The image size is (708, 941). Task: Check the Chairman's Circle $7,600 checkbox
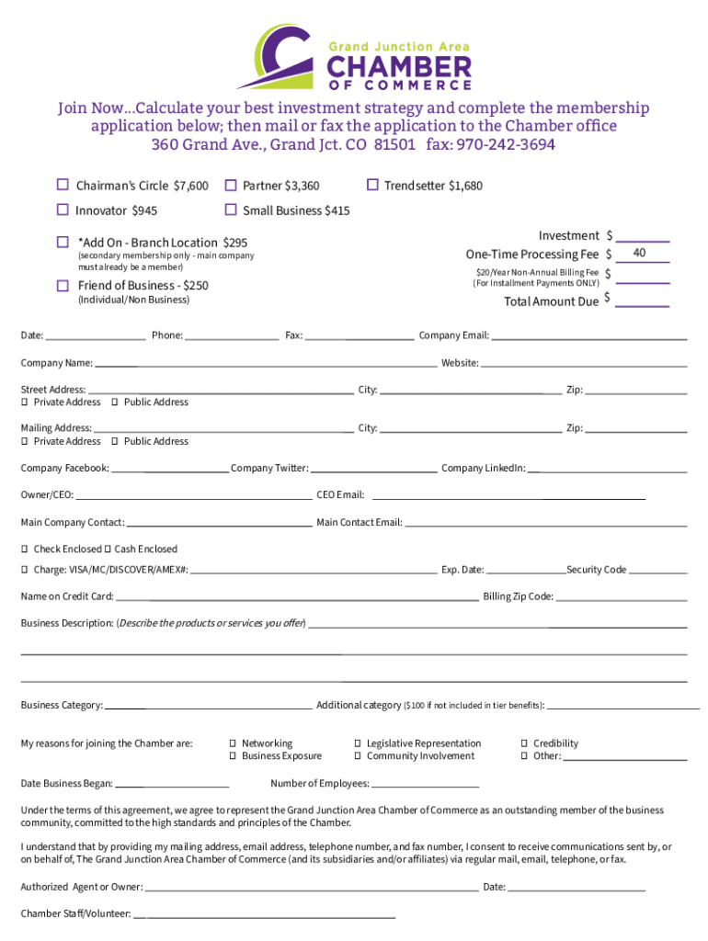pos(63,186)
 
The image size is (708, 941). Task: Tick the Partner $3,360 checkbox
pos(231,186)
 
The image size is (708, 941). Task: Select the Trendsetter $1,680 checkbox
pos(372,186)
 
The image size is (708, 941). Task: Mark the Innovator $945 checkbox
pos(63,210)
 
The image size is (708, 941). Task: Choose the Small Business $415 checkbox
pos(231,210)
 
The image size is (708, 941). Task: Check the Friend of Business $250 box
pos(63,285)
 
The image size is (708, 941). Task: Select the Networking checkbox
pos(233,743)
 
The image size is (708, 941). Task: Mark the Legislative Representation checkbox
pos(358,743)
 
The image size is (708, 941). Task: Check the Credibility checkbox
pos(524,743)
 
